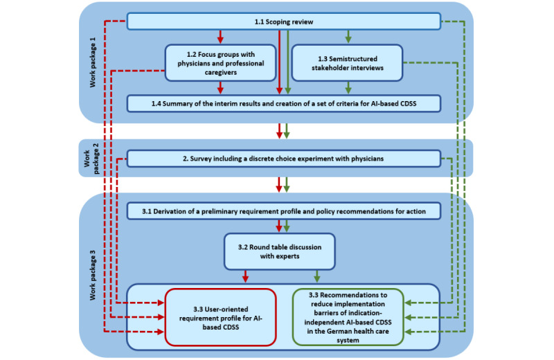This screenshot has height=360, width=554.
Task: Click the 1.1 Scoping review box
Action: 284,21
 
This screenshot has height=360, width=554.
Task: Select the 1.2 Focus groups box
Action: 220,63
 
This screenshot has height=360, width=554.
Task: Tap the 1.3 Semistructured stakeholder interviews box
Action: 348,63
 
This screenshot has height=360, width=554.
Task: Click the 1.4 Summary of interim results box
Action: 284,104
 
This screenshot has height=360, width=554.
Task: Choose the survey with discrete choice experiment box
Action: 284,159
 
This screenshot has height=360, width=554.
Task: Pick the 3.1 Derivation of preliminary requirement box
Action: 284,211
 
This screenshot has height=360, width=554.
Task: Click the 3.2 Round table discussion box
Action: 280,251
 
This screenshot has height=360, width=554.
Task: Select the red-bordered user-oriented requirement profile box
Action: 220,317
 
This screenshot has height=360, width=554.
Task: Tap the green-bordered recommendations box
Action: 348,317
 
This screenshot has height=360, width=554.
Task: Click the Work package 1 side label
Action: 93,62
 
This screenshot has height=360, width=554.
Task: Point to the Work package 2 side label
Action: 91,159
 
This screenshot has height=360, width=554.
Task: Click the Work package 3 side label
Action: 93,276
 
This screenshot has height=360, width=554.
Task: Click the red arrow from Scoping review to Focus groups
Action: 220,37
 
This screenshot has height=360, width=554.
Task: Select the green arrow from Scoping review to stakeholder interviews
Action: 348,37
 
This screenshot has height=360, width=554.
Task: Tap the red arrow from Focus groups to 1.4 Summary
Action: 220,88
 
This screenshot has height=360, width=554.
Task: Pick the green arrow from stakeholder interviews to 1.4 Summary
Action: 348,88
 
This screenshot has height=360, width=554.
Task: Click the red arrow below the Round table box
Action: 245,277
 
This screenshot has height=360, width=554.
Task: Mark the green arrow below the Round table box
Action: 317,277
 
